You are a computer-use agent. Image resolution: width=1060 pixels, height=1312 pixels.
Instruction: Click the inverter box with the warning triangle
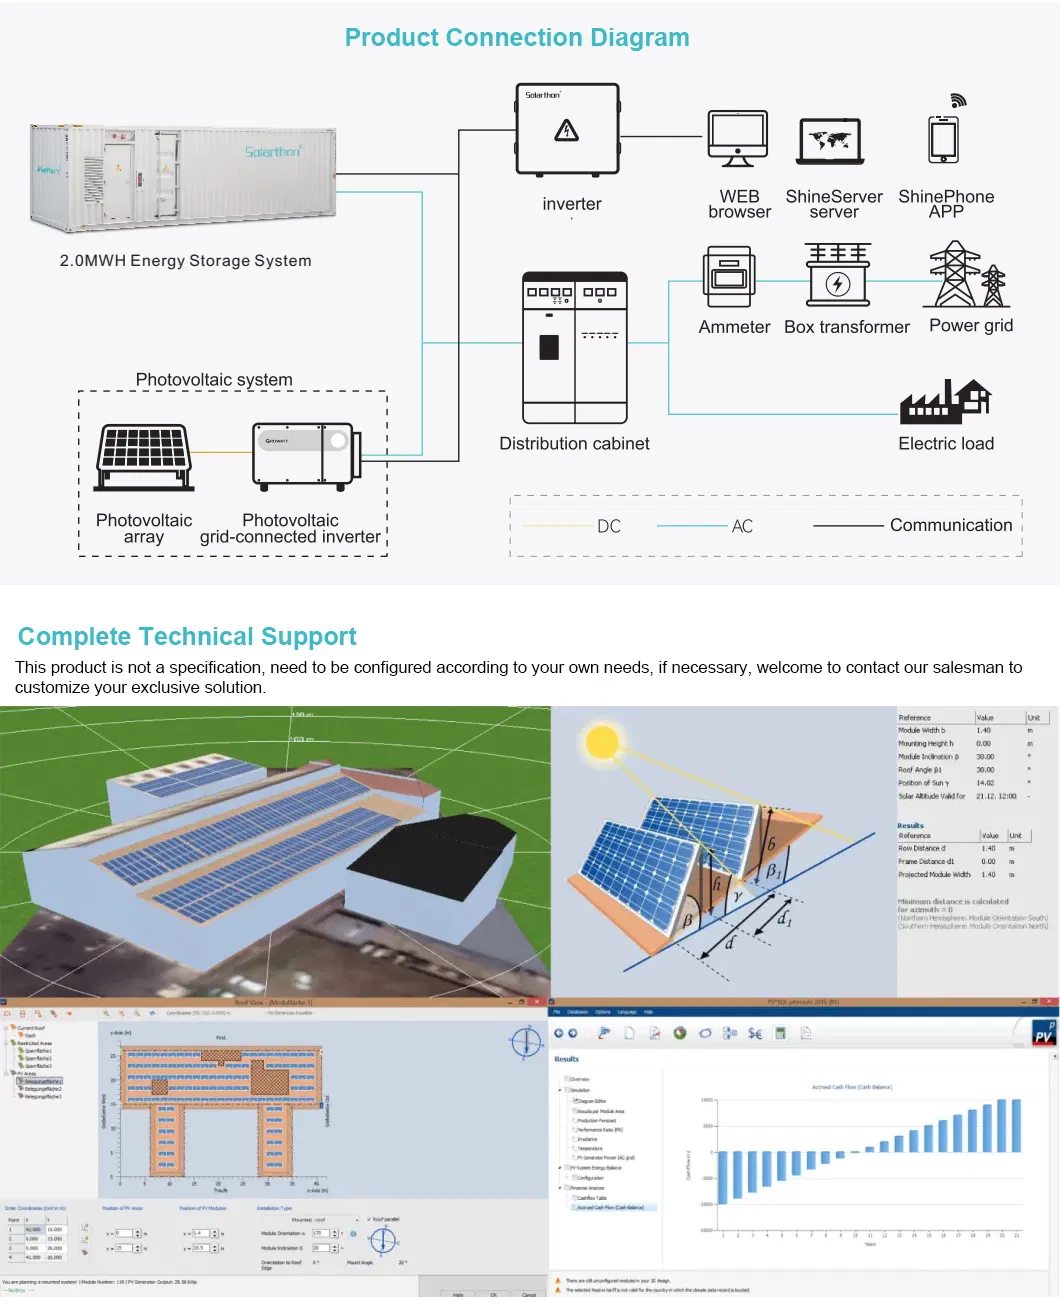(567, 130)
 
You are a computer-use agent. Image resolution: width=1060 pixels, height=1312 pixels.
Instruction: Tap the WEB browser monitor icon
(738, 137)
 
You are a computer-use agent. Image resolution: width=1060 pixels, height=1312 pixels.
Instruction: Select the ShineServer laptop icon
(830, 141)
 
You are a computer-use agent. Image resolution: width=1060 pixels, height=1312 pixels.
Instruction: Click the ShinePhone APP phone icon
(943, 138)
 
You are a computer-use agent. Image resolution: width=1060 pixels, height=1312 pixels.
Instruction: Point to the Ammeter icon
(729, 277)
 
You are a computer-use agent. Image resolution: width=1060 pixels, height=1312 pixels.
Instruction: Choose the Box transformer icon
(838, 275)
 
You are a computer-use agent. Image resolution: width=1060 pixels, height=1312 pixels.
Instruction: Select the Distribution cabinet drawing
(575, 348)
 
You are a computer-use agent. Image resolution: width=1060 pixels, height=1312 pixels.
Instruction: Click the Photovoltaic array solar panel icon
(145, 457)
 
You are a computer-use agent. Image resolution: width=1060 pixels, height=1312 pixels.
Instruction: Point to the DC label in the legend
(609, 526)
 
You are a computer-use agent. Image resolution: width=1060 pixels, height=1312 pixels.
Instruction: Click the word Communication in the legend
(951, 525)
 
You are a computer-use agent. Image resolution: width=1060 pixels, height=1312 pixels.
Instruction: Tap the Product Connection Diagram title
(517, 38)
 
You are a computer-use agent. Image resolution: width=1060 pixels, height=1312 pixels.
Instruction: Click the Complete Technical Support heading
(187, 637)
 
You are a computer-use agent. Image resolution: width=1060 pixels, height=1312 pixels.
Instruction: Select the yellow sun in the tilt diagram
(602, 742)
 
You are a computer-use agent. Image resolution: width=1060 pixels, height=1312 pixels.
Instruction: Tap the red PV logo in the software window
(1043, 1034)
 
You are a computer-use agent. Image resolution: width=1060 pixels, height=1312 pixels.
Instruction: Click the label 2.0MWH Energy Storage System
(185, 261)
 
